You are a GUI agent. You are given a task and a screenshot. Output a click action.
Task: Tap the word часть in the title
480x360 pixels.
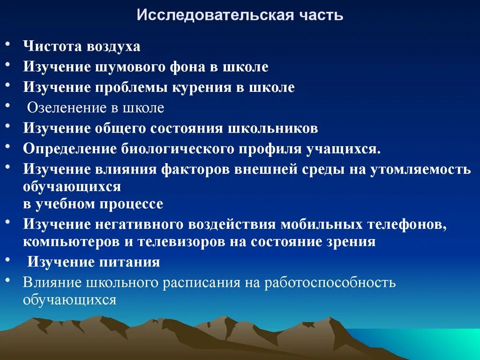click(322, 15)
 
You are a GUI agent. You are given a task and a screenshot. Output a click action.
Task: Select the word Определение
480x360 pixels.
click(70, 149)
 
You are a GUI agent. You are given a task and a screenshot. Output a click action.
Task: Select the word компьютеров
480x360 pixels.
click(69, 242)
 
